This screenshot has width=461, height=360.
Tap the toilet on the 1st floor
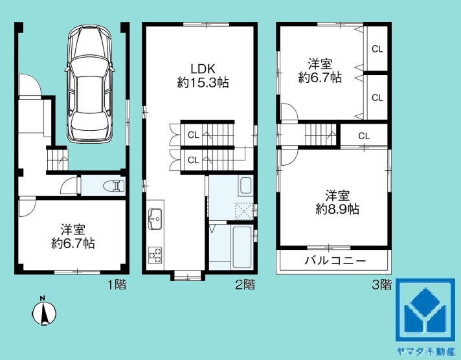[113, 186]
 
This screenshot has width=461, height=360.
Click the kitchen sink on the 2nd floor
[155, 220]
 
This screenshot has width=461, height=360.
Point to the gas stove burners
[155, 254]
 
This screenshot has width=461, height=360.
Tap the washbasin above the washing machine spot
[245, 186]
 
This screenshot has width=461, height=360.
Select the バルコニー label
[335, 262]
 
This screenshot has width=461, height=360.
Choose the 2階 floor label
[244, 284]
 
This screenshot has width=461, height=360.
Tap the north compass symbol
[44, 312]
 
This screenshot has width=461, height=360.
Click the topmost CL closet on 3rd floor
[377, 49]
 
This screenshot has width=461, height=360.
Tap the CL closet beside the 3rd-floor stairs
[363, 136]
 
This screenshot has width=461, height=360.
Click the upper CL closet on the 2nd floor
[193, 135]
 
